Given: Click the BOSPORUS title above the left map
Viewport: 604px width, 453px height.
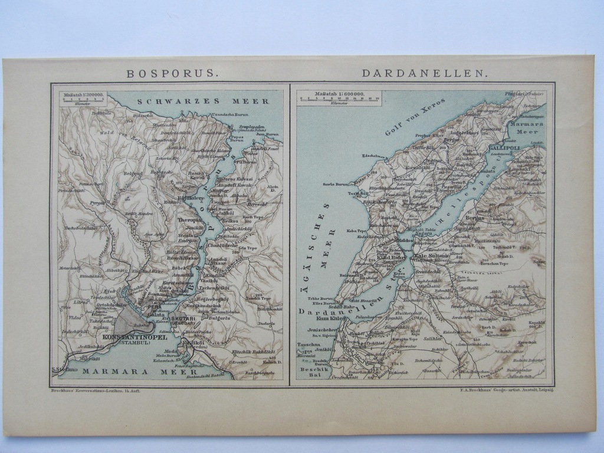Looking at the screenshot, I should (172, 74).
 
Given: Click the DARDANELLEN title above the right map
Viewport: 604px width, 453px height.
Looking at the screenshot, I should (425, 74).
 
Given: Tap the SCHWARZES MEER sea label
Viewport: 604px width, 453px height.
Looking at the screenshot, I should (203, 101).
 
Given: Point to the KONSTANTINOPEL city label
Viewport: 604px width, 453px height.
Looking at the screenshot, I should (134, 337).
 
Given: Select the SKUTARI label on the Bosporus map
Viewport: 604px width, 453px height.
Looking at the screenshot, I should (186, 319).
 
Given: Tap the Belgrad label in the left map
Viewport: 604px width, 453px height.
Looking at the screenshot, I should (133, 173).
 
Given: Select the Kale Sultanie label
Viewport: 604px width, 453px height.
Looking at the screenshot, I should (433, 256).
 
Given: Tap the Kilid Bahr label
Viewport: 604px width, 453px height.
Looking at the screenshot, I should (391, 258).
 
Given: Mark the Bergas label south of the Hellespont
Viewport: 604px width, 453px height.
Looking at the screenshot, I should (474, 217).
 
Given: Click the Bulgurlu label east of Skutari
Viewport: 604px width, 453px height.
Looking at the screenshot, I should (219, 317).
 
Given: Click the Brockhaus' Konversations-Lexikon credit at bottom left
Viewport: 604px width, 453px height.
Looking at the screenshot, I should (96, 390).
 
